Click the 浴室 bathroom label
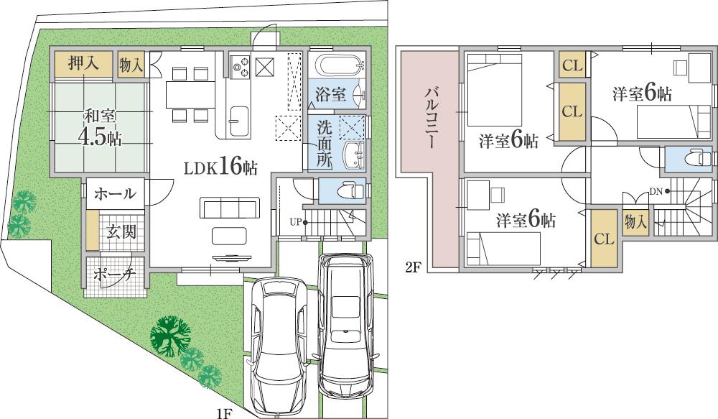point(330,93)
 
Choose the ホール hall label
point(115,193)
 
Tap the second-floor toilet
point(691,159)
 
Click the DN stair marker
point(659,191)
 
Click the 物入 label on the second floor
point(635,222)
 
